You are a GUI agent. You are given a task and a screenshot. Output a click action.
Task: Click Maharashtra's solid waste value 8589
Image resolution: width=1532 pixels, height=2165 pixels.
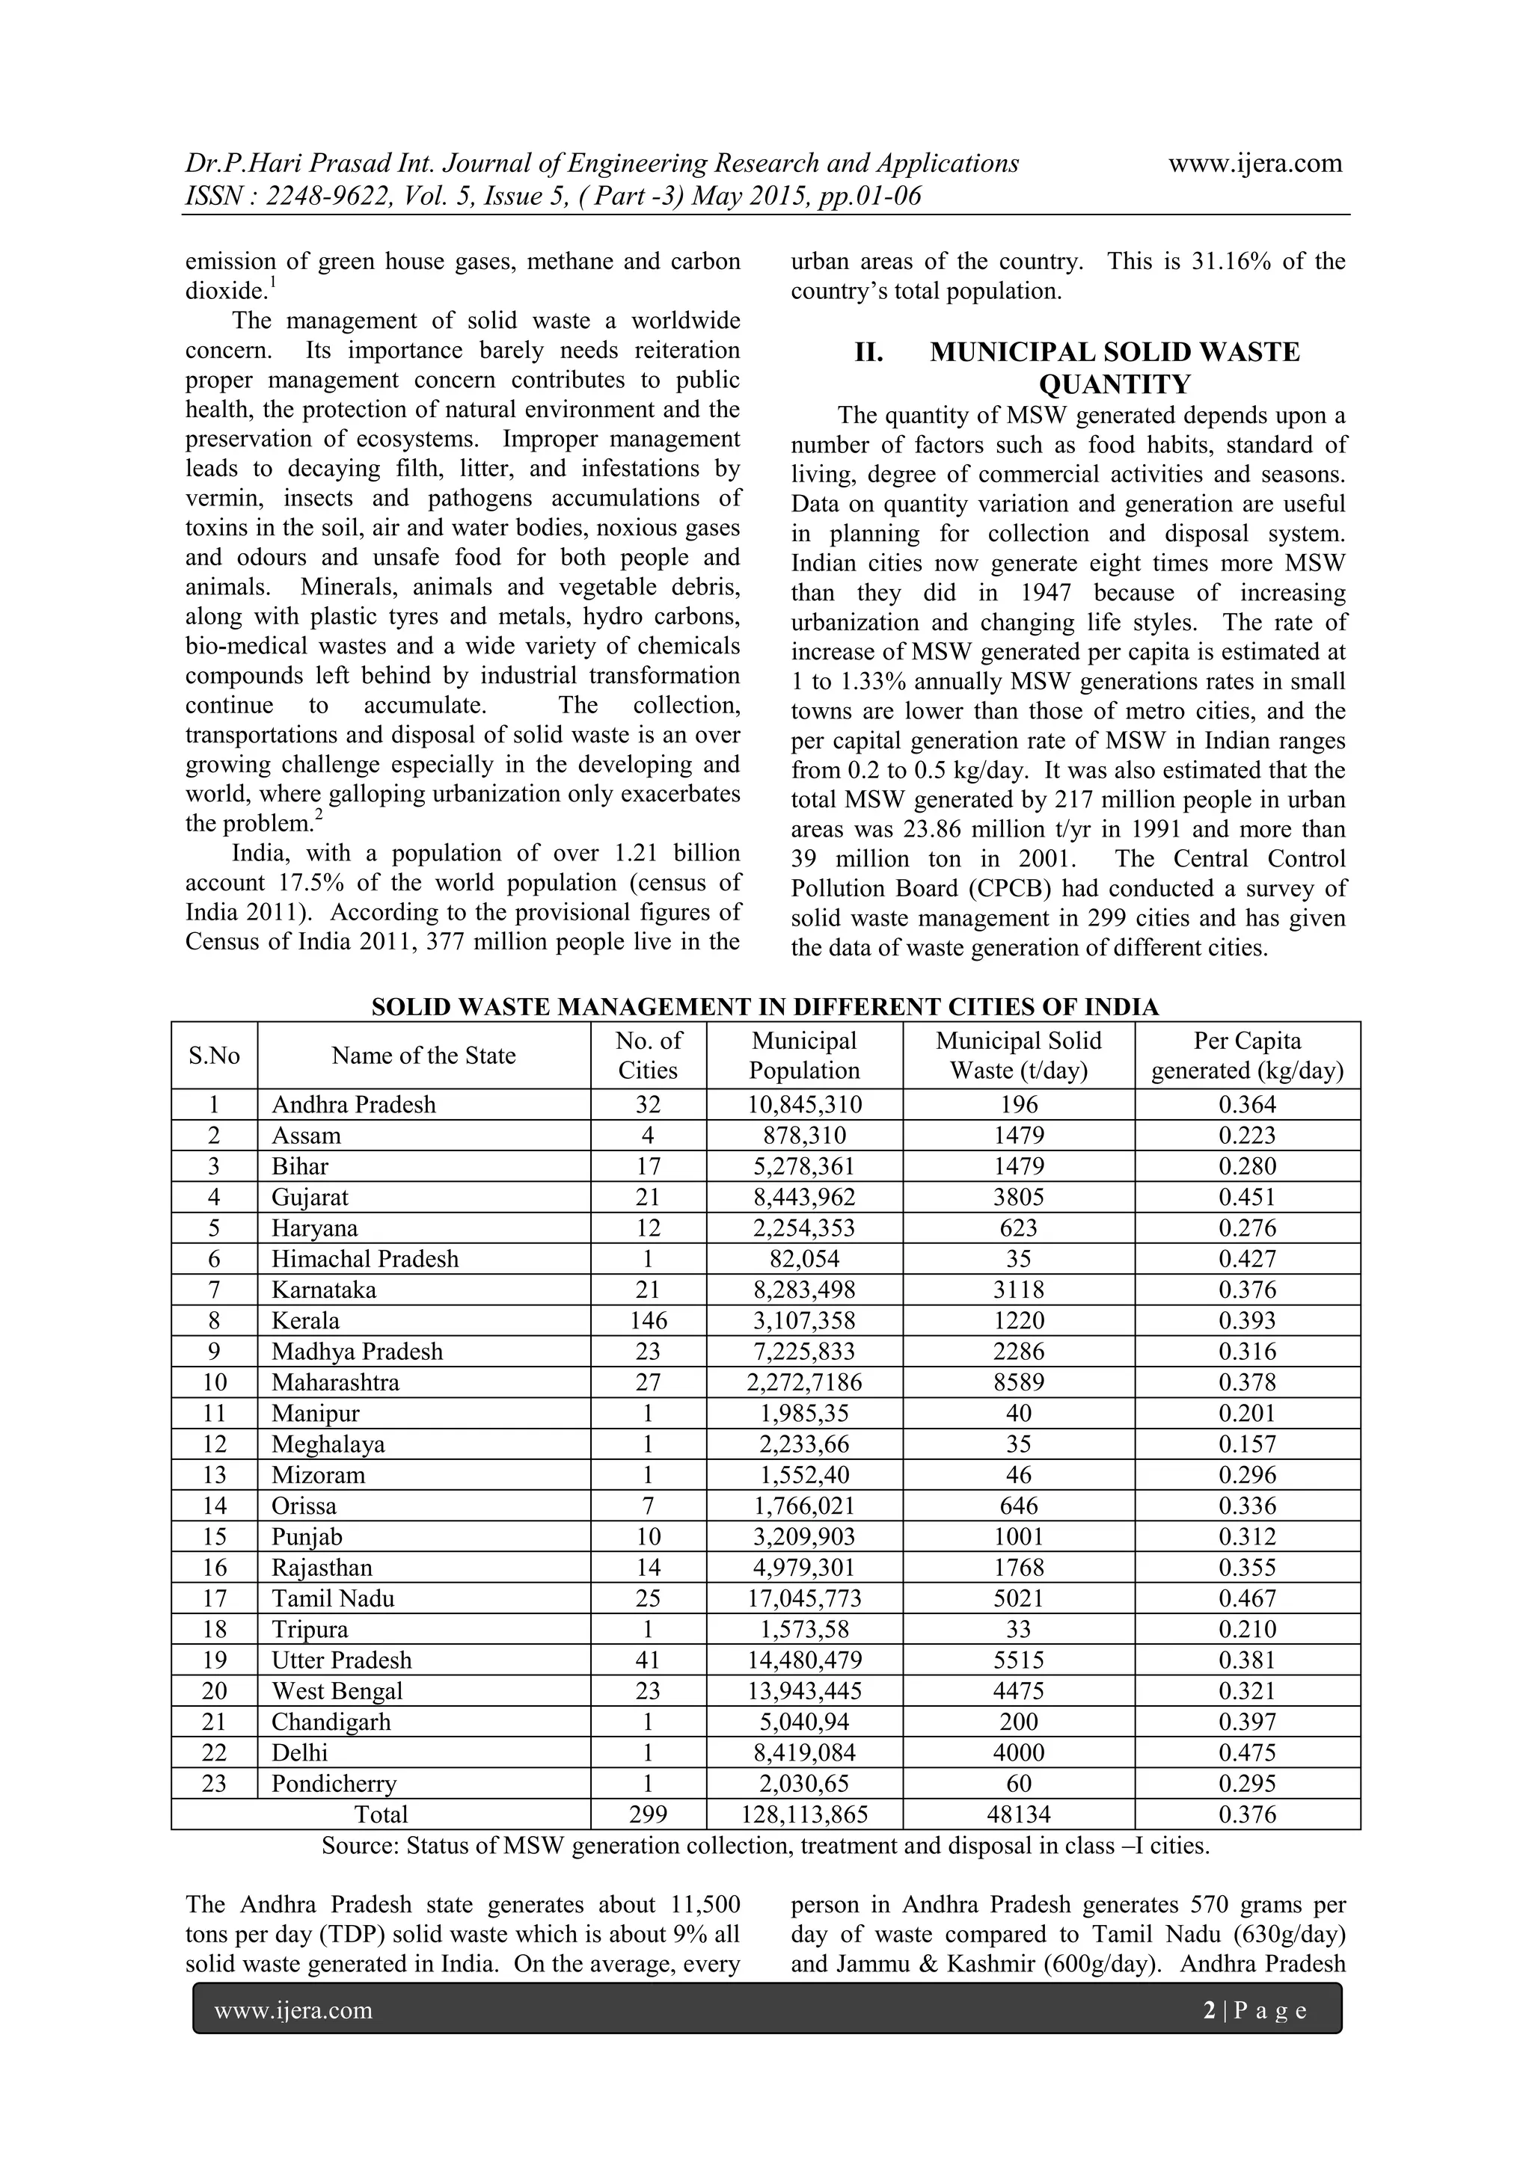(1018, 1382)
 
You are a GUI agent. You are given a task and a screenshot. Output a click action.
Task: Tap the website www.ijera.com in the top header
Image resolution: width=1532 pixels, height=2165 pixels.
(1254, 163)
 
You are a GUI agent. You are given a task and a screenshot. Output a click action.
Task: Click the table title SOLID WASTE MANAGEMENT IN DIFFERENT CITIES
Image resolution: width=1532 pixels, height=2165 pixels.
(764, 1007)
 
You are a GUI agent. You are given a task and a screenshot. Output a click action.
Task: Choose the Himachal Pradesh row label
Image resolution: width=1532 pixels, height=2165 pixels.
(364, 1259)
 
